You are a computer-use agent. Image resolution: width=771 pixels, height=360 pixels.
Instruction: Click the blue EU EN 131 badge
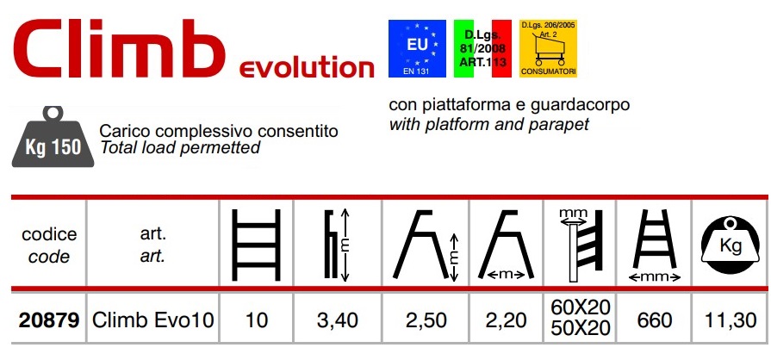(417, 48)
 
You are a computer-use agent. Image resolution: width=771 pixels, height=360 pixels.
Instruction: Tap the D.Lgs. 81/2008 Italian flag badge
(482, 48)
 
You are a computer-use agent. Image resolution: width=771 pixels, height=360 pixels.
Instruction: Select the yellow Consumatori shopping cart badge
(548, 48)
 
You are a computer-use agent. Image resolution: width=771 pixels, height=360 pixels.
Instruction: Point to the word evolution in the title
(307, 68)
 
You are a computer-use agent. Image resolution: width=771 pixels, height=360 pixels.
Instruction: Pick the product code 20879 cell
(49, 320)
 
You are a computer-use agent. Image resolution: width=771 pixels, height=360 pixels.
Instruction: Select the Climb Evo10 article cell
(153, 320)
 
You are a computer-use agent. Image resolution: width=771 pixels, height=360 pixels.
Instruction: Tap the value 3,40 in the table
(338, 320)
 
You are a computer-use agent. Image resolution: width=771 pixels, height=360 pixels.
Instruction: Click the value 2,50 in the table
(426, 320)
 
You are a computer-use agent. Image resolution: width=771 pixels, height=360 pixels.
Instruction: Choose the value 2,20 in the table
(506, 320)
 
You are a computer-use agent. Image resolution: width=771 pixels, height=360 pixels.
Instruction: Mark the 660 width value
(655, 320)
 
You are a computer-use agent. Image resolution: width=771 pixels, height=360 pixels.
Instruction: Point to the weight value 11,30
(731, 320)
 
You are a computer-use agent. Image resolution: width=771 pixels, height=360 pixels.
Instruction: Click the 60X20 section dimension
(581, 307)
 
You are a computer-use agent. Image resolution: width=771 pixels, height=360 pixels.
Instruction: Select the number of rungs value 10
(256, 320)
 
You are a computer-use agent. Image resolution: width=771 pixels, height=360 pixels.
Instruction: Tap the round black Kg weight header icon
(731, 245)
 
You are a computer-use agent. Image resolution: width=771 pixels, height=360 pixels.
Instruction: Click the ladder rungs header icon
(256, 245)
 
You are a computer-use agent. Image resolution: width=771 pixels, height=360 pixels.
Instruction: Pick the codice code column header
(49, 245)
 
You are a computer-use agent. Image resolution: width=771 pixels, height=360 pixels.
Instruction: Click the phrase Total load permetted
(180, 147)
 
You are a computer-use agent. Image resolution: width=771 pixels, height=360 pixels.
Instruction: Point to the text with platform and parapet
(488, 124)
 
